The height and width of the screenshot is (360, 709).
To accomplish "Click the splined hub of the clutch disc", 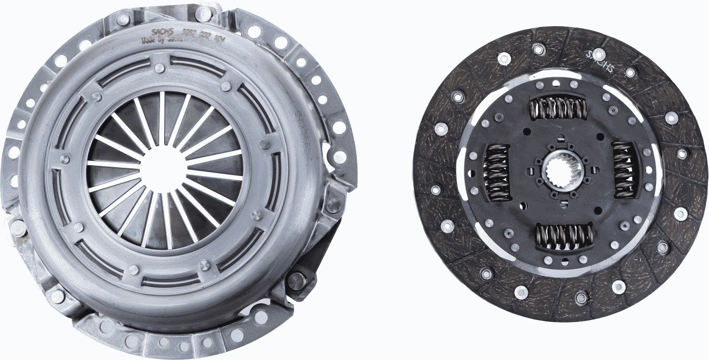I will (559, 172).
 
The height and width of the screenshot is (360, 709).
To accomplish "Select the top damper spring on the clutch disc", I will (557, 108).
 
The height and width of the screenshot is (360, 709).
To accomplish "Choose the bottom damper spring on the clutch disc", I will (564, 236).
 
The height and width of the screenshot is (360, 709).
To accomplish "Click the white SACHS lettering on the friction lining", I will (600, 62).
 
